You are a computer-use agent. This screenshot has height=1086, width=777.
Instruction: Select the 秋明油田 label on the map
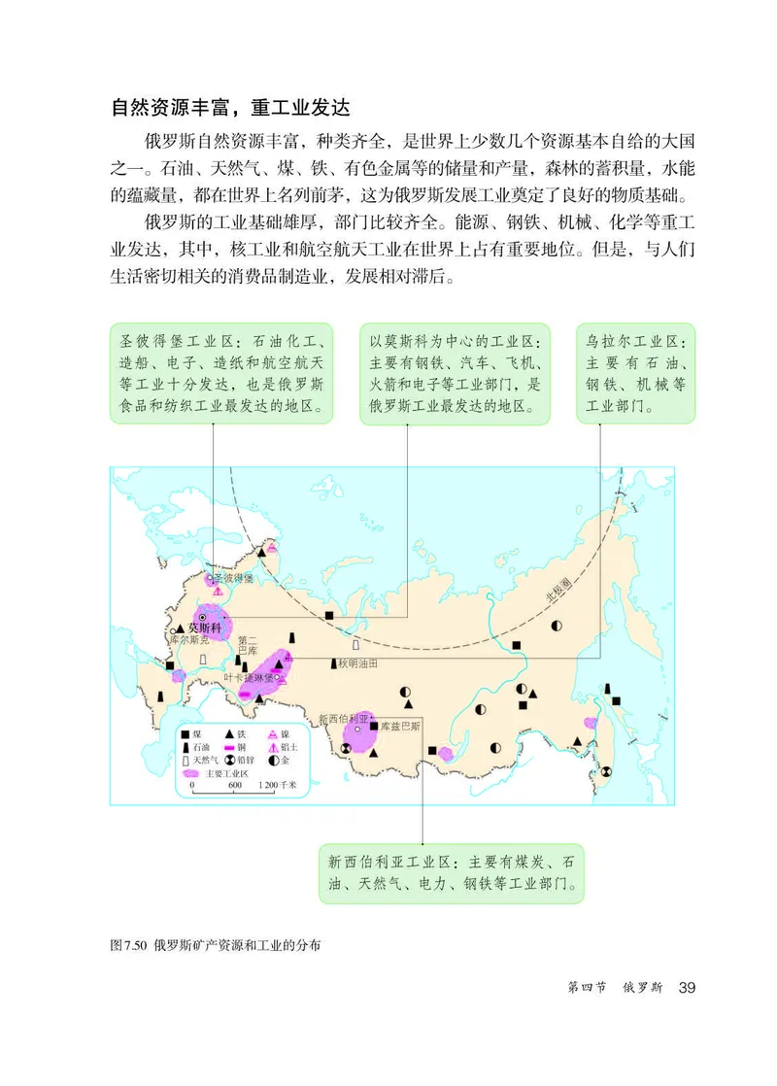[x=357, y=662]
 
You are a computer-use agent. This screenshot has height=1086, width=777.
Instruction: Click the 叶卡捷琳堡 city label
[x=248, y=677]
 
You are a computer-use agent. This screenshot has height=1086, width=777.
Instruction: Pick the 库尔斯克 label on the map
[x=188, y=642]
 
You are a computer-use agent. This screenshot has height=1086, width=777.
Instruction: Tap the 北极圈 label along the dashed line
[x=561, y=590]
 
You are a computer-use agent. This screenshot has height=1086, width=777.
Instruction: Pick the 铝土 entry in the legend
[x=286, y=747]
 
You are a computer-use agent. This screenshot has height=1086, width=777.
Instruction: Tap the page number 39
[x=688, y=988]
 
